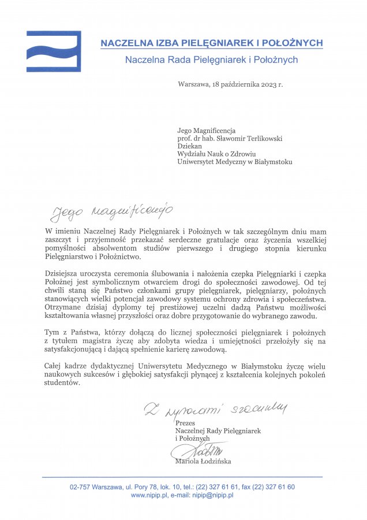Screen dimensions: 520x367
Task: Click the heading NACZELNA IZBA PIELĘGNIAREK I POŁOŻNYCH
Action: [x=211, y=43]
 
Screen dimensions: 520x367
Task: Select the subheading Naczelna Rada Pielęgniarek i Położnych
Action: [x=211, y=59]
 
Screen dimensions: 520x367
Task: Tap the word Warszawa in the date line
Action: [x=194, y=84]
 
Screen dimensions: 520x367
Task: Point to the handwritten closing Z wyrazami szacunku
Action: [x=215, y=409]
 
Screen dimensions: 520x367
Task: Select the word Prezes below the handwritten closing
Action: [x=185, y=423]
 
